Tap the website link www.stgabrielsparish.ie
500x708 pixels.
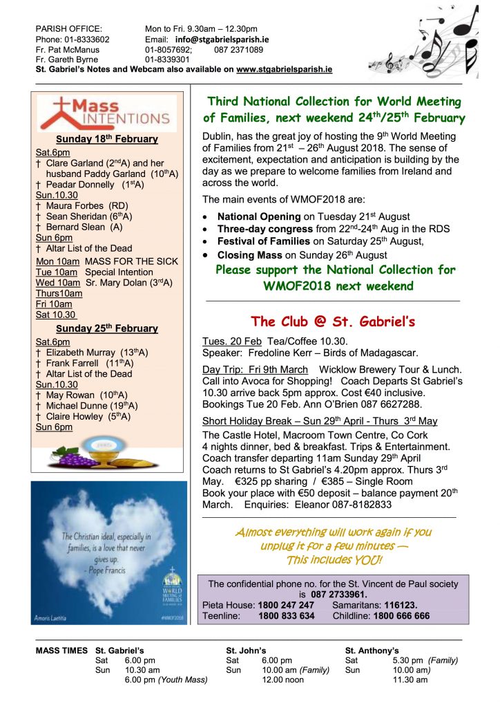tap(284, 70)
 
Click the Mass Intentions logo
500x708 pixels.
tap(107, 113)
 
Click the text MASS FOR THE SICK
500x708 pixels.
tap(131, 261)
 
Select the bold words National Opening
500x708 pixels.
tap(259, 216)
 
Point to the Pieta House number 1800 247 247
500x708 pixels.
tap(287, 605)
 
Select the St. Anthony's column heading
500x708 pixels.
tap(372, 651)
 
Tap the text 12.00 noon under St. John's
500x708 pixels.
tap(280, 680)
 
